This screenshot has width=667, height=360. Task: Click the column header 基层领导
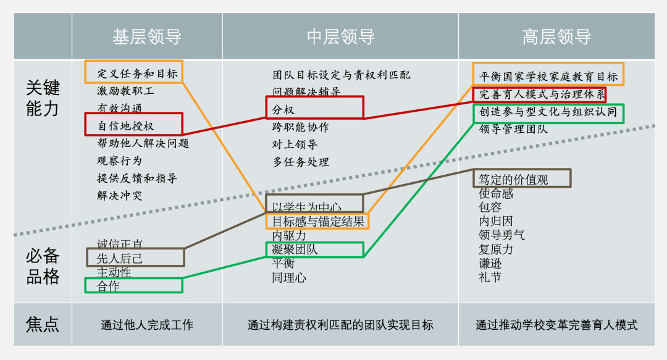(147, 37)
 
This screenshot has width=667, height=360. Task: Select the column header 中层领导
(340, 37)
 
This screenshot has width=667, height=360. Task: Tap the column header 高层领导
(556, 37)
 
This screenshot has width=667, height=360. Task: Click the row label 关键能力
(43, 98)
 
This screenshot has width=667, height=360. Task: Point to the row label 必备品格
(43, 266)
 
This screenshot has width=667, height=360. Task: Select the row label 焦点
(43, 324)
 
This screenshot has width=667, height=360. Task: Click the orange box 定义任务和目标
(134, 72)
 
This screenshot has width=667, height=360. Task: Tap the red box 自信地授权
(133, 124)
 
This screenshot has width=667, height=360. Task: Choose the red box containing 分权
(314, 108)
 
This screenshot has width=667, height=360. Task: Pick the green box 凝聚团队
(314, 249)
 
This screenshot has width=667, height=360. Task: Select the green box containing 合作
(133, 285)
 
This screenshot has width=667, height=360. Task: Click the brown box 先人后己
(135, 257)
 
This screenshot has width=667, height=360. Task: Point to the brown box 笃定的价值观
(522, 178)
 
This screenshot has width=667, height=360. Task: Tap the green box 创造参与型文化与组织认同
(548, 113)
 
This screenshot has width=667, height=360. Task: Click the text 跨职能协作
(301, 127)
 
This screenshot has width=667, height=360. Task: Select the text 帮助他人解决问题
(143, 143)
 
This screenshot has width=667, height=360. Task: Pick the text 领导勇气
(501, 235)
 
